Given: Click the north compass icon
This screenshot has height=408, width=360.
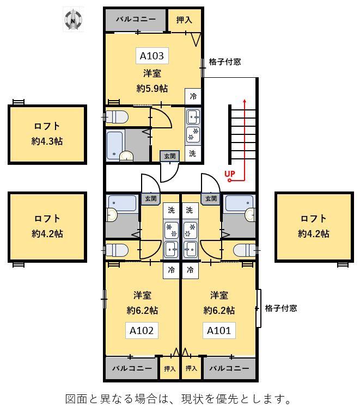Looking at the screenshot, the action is pyautogui.click(x=73, y=20).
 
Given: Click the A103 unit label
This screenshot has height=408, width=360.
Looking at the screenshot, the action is pyautogui.click(x=152, y=55).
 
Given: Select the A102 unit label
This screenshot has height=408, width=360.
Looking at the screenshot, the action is pyautogui.click(x=142, y=330).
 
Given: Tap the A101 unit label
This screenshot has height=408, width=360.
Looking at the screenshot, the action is pyautogui.click(x=219, y=330).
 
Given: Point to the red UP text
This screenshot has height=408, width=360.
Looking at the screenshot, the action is pyautogui.click(x=230, y=174).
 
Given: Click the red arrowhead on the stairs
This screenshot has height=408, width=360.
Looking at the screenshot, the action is pyautogui.click(x=245, y=101).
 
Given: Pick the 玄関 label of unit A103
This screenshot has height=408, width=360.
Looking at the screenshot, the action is pyautogui.click(x=169, y=156).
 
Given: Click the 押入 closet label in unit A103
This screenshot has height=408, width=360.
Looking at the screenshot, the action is pyautogui.click(x=184, y=20).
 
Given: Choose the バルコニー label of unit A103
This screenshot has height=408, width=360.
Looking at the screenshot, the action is pyautogui.click(x=136, y=19).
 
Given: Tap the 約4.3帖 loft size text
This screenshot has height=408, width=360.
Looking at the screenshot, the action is pyautogui.click(x=47, y=141).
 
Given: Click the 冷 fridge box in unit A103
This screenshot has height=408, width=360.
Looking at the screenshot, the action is pyautogui.click(x=193, y=96).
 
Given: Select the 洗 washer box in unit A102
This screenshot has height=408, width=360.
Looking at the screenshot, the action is pyautogui.click(x=171, y=210).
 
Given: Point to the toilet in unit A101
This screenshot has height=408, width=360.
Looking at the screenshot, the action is pyautogui.click(x=245, y=250).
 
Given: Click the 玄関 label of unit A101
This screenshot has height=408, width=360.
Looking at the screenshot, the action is pyautogui.click(x=211, y=199).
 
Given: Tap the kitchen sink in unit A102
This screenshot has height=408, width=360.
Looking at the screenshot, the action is pyautogui.click(x=171, y=249).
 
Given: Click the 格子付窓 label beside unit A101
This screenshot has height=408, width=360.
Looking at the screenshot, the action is pyautogui.click(x=281, y=308).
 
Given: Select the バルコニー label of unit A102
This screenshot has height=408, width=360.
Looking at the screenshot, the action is pyautogui.click(x=132, y=368).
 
